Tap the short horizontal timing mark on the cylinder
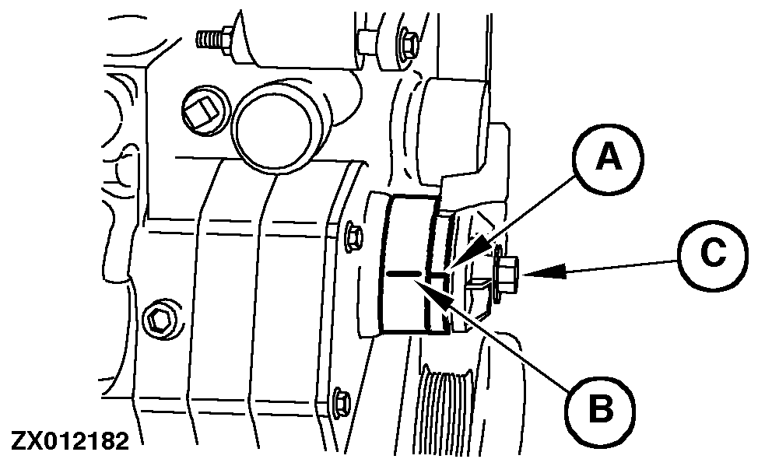404,274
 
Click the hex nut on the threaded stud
228,37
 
